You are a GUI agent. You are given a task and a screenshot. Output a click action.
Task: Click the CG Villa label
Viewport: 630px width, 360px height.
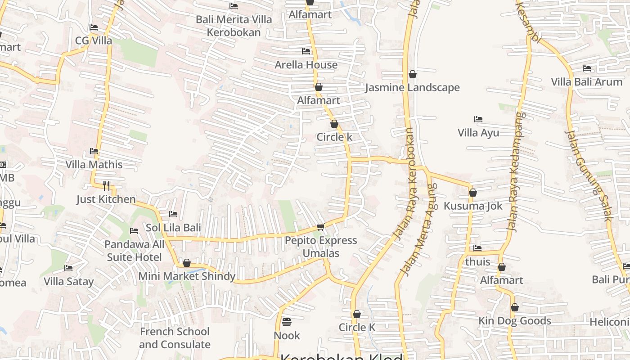click(94, 40)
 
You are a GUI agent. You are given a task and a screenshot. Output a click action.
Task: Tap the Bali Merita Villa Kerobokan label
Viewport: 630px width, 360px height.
click(234, 26)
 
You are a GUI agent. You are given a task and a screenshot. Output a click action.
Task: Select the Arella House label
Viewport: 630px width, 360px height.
click(306, 65)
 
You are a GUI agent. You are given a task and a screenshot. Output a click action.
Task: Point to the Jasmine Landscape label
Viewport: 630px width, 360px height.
click(412, 87)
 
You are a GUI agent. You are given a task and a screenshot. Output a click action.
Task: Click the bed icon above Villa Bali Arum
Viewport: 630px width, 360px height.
click(587, 68)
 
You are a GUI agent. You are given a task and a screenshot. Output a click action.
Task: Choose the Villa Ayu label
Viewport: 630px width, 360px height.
click(478, 133)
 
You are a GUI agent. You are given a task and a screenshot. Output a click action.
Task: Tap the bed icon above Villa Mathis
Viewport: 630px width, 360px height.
click(94, 151)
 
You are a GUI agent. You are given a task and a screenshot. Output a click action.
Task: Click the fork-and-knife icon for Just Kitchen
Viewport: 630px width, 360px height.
click(106, 185)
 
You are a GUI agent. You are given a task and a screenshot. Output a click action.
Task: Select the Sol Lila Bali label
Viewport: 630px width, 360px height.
click(173, 228)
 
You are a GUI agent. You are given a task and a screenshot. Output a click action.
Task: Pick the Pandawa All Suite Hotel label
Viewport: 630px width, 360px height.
click(134, 251)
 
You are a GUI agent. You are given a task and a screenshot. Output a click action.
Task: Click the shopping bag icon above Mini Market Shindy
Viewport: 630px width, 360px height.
click(187, 263)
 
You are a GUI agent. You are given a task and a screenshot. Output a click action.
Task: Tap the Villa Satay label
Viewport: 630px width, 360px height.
click(68, 282)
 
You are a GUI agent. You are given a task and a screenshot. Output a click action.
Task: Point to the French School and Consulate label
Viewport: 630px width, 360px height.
click(175, 338)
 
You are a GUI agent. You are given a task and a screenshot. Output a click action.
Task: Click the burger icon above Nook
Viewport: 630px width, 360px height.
click(287, 322)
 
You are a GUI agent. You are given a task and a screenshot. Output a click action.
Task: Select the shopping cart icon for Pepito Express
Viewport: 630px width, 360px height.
click(320, 227)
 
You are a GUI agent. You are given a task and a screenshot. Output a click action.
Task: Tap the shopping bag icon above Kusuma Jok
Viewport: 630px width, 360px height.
click(473, 193)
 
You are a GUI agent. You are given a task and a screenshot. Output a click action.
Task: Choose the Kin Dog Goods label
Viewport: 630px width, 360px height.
click(514, 321)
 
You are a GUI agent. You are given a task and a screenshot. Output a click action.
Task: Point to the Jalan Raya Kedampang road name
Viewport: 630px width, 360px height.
click(517, 171)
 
